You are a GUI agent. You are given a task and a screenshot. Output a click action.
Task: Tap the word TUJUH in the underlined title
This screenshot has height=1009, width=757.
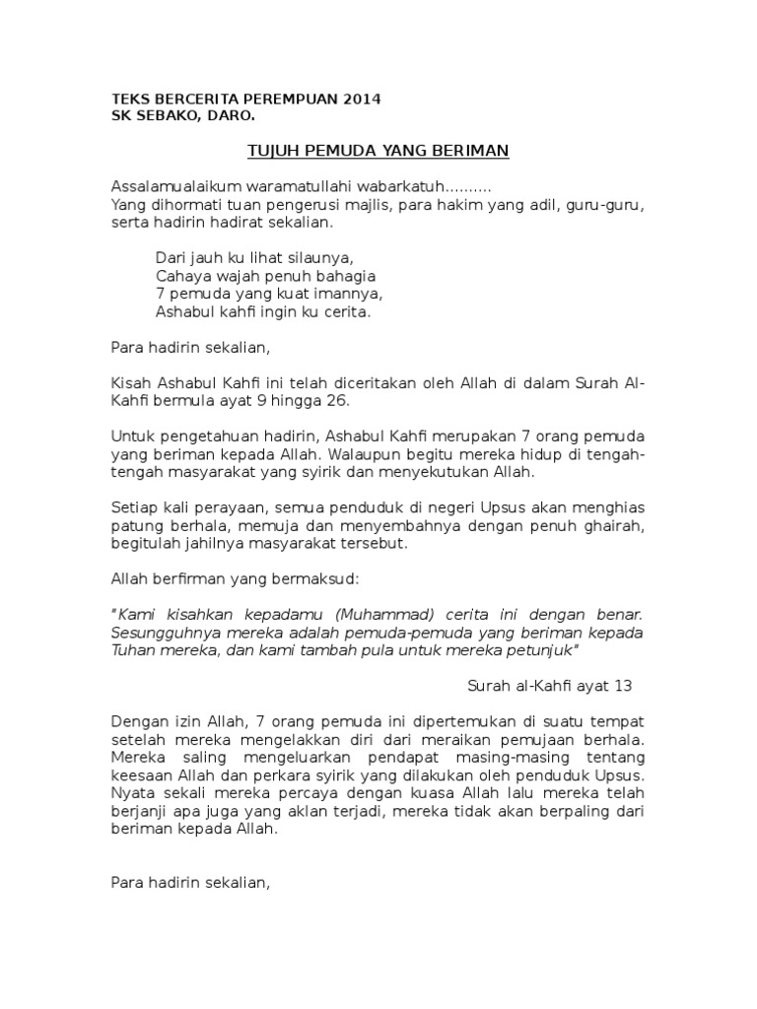[269, 151]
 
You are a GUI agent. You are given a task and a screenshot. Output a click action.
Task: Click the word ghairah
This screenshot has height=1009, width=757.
[612, 526]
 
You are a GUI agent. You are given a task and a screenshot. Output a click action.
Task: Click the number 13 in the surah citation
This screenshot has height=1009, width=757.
[621, 686]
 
